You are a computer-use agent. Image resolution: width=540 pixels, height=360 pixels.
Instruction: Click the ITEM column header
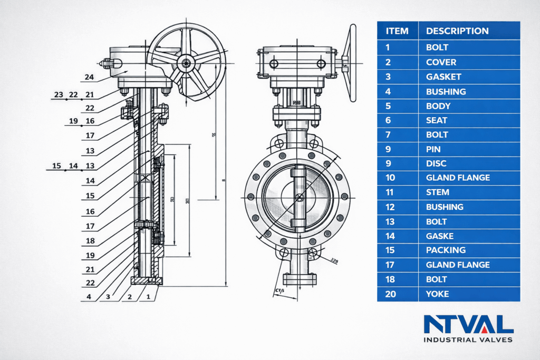tap(397, 31)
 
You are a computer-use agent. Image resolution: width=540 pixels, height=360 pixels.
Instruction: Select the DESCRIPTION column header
tap(457, 31)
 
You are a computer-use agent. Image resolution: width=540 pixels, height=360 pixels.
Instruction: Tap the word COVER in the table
tap(441, 62)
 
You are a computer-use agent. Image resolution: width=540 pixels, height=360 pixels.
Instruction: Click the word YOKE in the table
tap(438, 294)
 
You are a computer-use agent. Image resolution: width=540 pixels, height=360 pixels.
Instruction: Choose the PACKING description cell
tap(446, 250)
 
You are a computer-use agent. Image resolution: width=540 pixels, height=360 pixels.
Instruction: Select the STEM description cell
tap(437, 192)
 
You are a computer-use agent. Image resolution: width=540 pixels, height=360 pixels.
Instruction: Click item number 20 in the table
tap(391, 294)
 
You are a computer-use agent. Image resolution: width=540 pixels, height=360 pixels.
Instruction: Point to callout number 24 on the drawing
tap(89, 77)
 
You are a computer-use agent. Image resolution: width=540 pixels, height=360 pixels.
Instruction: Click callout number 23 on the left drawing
tap(59, 94)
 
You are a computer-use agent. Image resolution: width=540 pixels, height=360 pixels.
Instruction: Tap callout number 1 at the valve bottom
tap(149, 297)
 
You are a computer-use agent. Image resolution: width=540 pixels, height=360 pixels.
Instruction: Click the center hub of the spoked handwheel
tap(186, 63)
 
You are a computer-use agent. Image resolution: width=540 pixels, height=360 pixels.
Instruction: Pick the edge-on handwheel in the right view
tap(350, 62)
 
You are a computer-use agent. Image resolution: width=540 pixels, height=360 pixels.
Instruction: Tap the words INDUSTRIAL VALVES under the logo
tap(468, 339)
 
